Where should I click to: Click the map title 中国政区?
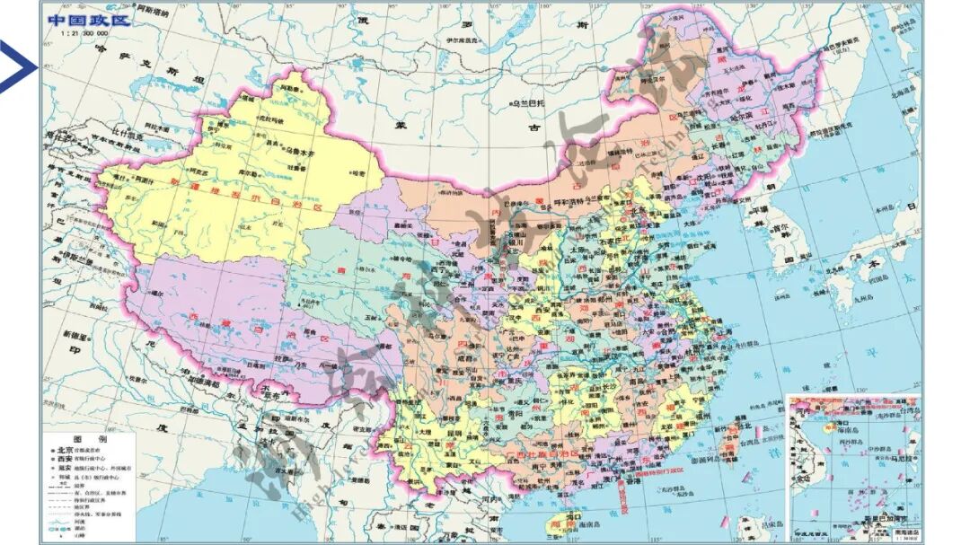88,19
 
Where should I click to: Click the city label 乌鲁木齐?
303,152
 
